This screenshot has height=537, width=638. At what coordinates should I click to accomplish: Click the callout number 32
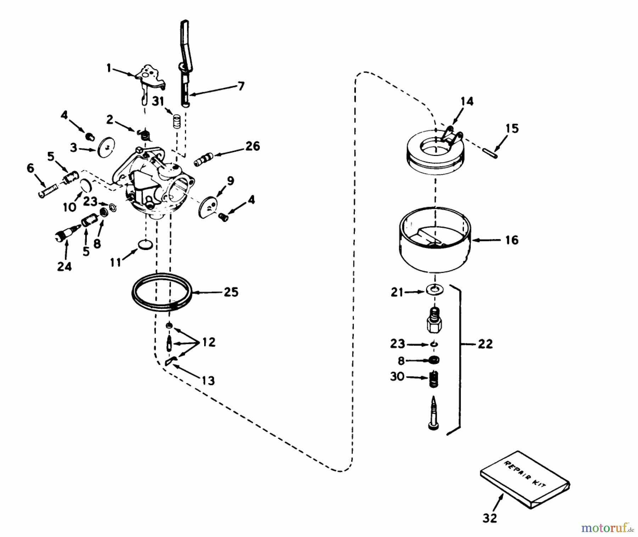(x=490, y=518)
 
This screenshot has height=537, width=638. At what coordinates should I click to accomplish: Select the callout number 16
(x=511, y=240)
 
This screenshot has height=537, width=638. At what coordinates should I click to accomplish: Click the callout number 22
(x=485, y=344)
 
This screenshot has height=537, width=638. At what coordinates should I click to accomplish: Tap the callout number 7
(x=241, y=86)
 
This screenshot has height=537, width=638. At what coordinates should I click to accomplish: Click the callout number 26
(x=253, y=146)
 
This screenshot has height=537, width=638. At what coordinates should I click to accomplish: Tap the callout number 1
(x=109, y=68)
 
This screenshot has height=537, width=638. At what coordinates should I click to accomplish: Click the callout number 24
(x=64, y=266)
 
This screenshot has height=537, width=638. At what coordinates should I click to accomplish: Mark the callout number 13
(x=208, y=381)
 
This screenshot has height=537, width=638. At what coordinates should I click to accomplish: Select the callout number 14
(x=467, y=102)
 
